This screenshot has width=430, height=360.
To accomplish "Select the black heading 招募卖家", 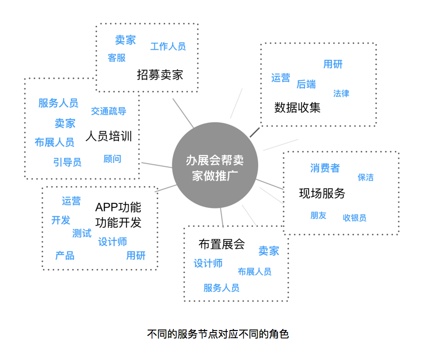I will [x=160, y=75].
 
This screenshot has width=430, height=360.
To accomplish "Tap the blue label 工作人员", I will [x=168, y=47].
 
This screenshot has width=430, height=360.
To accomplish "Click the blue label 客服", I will [x=116, y=58].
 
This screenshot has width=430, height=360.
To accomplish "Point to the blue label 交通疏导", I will [x=109, y=111].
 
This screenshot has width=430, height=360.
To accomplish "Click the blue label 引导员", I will [x=67, y=162].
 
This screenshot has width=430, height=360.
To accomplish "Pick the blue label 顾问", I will [x=112, y=159].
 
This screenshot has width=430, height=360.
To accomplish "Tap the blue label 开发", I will [x=60, y=220].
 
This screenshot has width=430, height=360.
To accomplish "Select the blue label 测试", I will [x=82, y=233].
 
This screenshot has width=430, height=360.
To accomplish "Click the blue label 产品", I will [x=65, y=255].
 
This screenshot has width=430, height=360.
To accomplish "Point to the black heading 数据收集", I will [x=297, y=107].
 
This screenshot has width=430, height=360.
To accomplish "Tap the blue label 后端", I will [x=306, y=84].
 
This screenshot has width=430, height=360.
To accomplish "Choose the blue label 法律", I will [x=341, y=94].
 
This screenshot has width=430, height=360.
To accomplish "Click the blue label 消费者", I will [x=325, y=168].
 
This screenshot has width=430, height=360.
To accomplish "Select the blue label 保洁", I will [x=365, y=177].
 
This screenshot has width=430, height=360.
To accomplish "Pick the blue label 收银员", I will [x=354, y=218].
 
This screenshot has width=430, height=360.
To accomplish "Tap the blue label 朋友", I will [x=318, y=215].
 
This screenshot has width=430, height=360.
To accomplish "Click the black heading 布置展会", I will [x=222, y=244].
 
